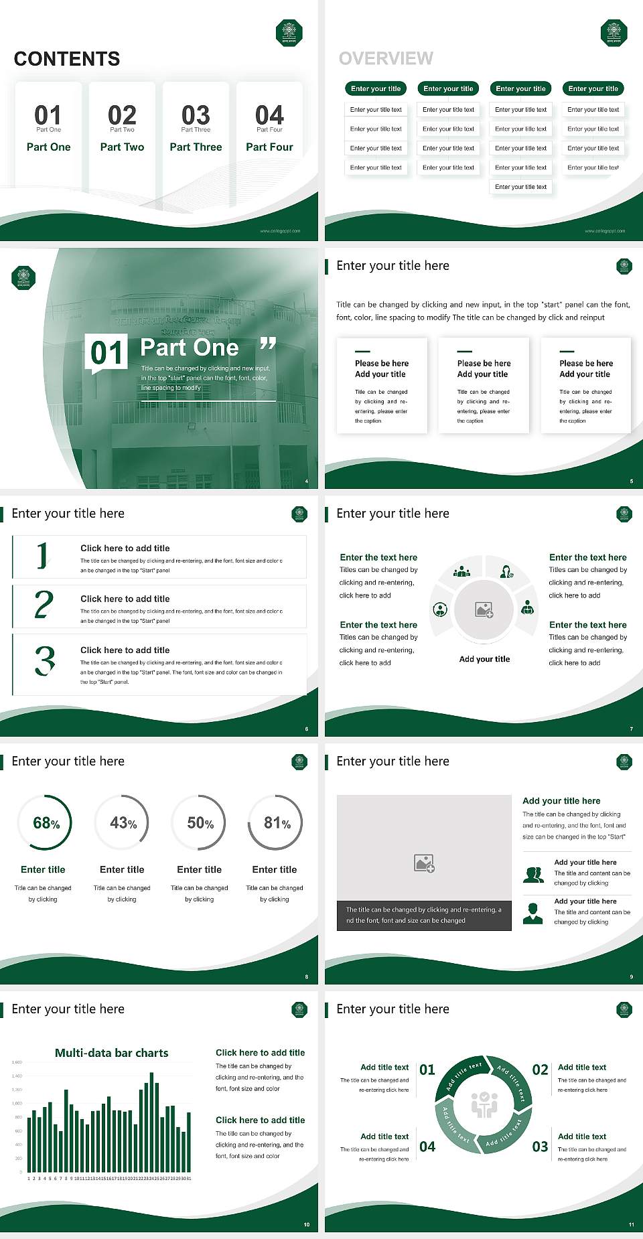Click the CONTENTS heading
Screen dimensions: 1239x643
(x=67, y=59)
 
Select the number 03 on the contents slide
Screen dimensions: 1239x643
(x=196, y=115)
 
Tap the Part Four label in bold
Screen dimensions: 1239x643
(x=269, y=147)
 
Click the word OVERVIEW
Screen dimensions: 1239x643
(x=386, y=59)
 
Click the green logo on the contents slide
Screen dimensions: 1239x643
(x=289, y=33)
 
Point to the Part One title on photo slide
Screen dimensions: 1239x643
(x=190, y=348)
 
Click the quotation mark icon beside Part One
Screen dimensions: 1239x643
(x=268, y=344)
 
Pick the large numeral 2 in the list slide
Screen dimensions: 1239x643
(x=44, y=605)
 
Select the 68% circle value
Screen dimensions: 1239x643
(x=46, y=823)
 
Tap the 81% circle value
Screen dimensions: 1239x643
(x=277, y=823)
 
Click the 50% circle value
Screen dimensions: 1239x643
(x=200, y=823)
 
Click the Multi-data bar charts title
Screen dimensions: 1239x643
(x=111, y=1053)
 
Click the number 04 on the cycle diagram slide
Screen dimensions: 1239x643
(x=427, y=1147)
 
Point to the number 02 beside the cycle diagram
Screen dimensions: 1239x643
(x=540, y=1070)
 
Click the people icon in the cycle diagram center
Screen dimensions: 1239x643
(x=484, y=1104)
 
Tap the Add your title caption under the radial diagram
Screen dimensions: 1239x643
(x=484, y=659)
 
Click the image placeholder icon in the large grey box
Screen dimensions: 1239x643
(x=424, y=863)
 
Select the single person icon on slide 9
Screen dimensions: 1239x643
(x=532, y=913)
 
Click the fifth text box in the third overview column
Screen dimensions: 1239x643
(x=521, y=187)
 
